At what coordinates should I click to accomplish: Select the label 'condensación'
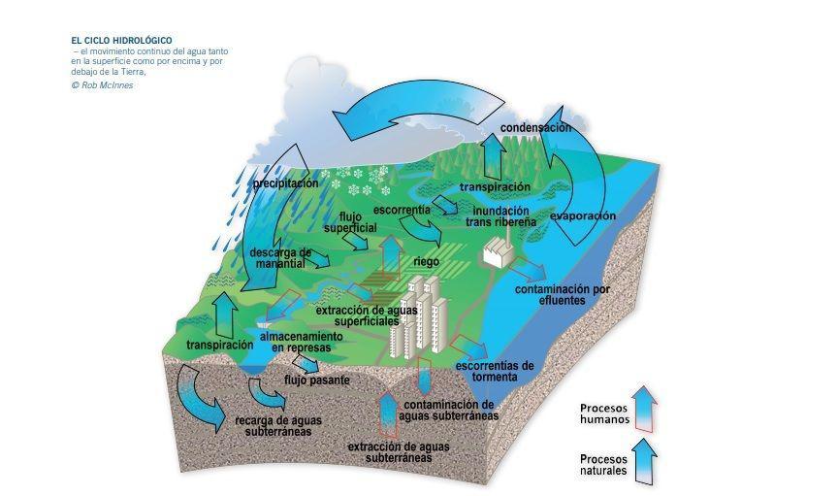(535, 128)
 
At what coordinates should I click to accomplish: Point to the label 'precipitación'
(285, 183)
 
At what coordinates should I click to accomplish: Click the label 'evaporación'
(582, 216)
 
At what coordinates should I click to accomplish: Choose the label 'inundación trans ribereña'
(500, 215)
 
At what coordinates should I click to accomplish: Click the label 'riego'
(427, 261)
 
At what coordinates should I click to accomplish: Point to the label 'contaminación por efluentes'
(563, 295)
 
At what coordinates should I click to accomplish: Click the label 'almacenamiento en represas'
(300, 341)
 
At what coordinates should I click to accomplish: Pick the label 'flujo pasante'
(316, 380)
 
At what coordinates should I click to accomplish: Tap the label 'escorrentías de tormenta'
(495, 371)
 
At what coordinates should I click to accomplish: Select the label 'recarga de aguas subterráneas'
(278, 426)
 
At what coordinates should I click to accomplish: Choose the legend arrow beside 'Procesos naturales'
(642, 461)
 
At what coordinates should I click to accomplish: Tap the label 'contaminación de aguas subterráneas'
(450, 410)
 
